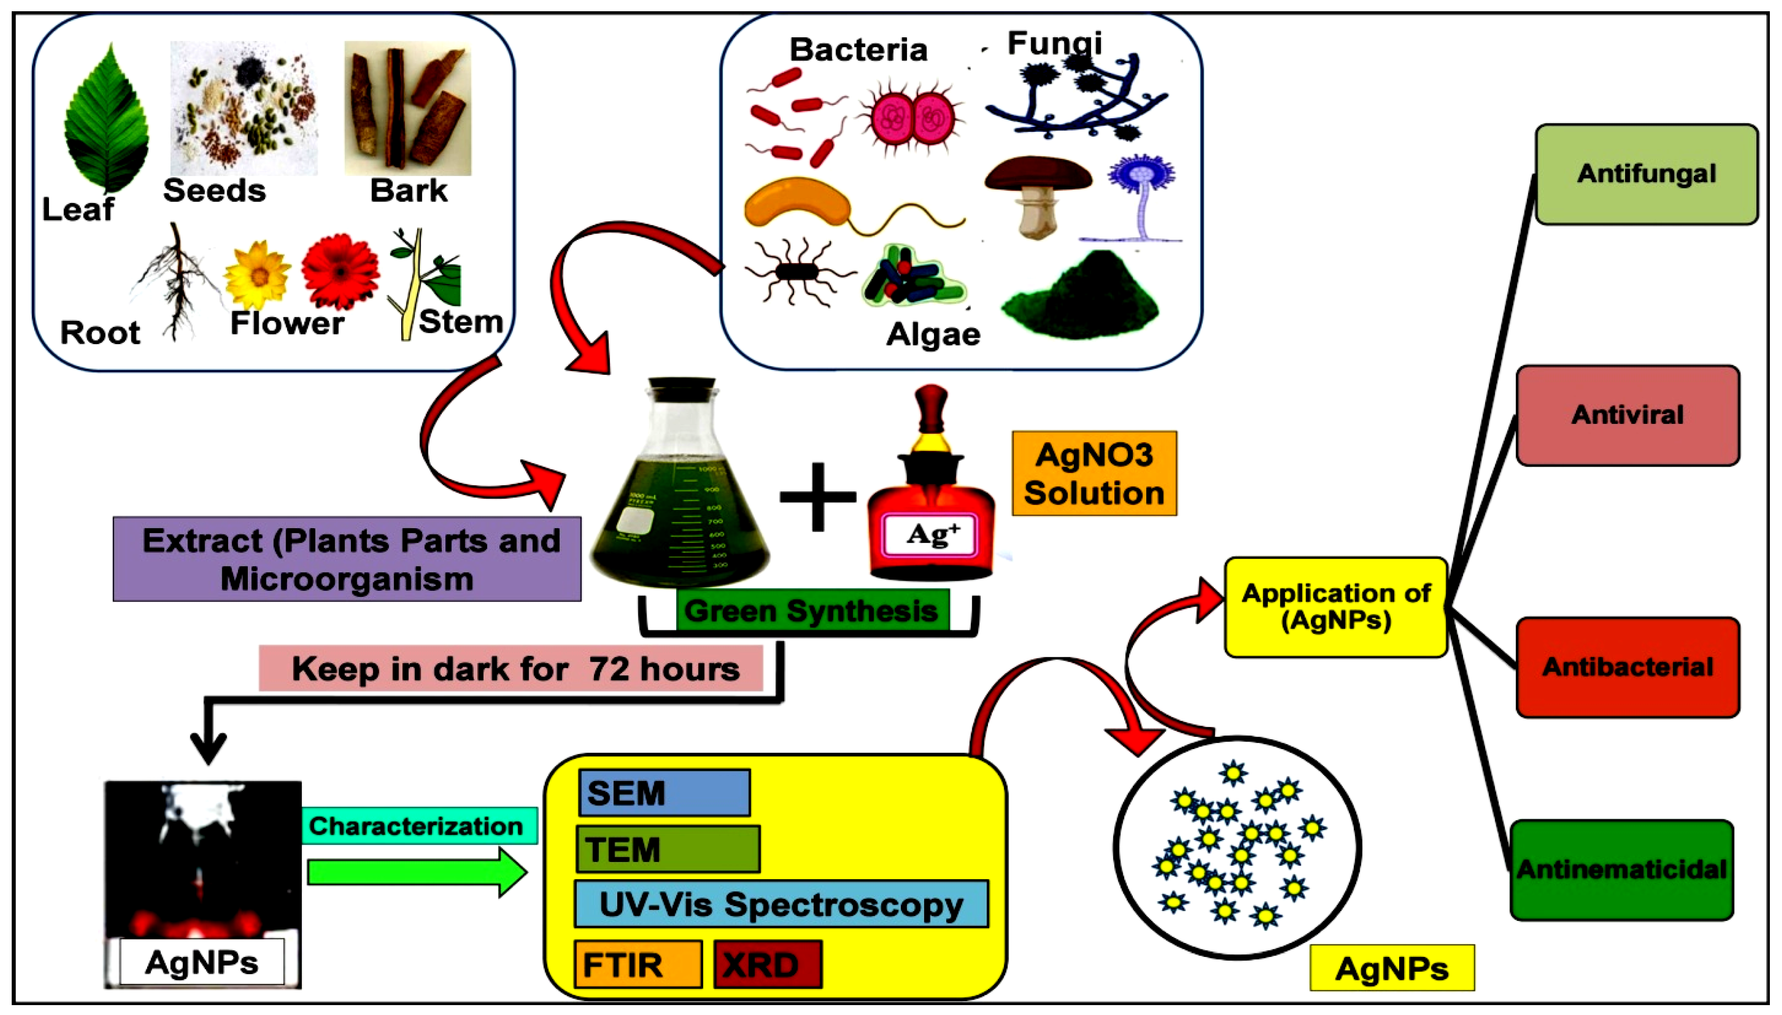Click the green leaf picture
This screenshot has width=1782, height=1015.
[107, 118]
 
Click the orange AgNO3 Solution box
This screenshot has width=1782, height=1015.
[1094, 473]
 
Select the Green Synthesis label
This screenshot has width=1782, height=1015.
[811, 611]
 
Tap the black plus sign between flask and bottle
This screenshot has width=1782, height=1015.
[817, 496]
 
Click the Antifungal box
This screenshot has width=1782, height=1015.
[1646, 174]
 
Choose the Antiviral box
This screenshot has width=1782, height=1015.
[1627, 415]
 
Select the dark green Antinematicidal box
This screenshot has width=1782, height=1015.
[1622, 869]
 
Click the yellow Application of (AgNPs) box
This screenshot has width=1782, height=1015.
[1335, 606]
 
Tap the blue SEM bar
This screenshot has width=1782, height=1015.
[664, 793]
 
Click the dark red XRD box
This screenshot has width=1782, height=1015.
[768, 965]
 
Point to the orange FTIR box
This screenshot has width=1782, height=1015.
[637, 965]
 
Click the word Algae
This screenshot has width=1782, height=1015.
[933, 335]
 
